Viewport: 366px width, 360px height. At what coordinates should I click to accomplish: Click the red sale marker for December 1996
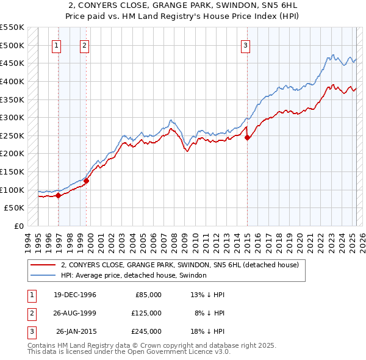click(x=59, y=195)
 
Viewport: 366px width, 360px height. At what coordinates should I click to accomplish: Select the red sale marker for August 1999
click(x=87, y=181)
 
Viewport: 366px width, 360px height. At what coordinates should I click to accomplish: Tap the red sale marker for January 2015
click(x=247, y=138)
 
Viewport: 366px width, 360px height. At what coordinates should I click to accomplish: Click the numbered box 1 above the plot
click(x=56, y=45)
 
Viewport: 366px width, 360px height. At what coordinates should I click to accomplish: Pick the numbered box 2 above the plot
click(x=84, y=45)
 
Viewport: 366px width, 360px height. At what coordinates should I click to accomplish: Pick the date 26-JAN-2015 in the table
click(x=76, y=331)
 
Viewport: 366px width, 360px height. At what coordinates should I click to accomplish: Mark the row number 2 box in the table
click(x=30, y=313)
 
